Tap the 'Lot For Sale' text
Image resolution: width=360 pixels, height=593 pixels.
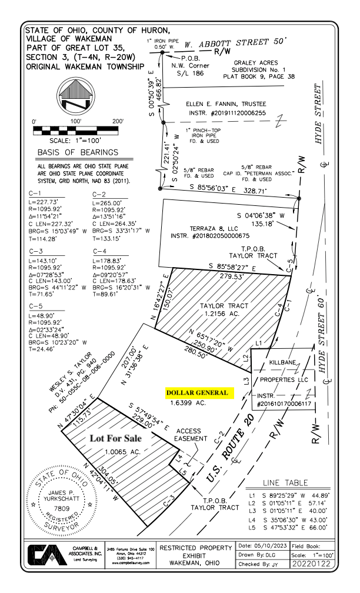[x=117, y=439]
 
